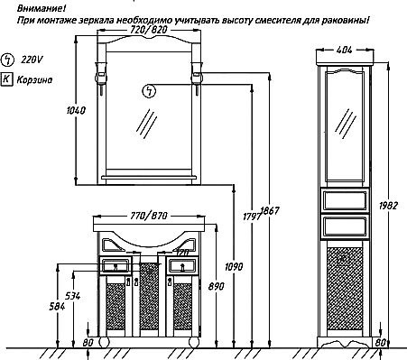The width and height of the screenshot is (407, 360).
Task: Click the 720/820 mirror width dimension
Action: (148, 30)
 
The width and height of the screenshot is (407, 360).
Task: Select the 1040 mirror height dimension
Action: (76, 110)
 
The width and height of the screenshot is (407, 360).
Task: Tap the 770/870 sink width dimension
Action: (149, 216)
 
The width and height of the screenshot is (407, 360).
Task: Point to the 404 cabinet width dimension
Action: (345, 50)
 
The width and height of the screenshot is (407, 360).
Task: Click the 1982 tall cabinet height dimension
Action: (388, 206)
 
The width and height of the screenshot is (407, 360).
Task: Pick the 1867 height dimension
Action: (270, 210)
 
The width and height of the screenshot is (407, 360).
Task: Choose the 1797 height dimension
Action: (252, 217)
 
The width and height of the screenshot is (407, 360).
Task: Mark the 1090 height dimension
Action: (234, 266)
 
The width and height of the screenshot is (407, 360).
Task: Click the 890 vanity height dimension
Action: (216, 286)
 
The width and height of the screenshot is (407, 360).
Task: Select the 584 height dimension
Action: (57, 307)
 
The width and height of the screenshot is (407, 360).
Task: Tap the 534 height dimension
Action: (73, 296)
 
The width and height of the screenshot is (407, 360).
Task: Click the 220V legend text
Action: (32, 60)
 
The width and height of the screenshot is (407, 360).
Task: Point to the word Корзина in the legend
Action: (34, 79)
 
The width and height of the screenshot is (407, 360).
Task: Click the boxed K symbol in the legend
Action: (7, 79)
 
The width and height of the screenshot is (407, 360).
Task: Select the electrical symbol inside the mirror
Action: (149, 91)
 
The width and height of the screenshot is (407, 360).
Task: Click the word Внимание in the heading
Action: (42, 8)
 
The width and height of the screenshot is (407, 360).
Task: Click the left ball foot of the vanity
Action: (103, 342)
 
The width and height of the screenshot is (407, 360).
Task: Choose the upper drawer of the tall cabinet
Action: (345, 200)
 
